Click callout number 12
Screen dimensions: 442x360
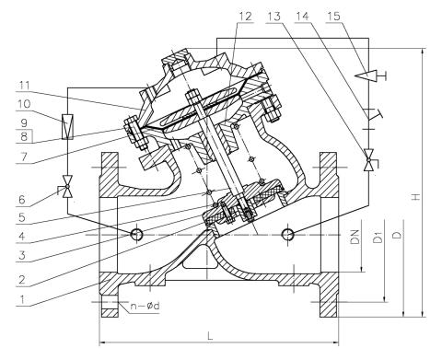(245, 16)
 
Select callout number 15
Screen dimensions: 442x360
(334, 16)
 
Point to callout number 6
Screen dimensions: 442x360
(22, 200)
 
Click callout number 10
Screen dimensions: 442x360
(24, 104)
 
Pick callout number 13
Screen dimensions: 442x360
(274, 16)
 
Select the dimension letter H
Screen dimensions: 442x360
(416, 196)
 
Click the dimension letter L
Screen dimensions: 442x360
(210, 336)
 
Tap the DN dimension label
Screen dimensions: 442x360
(355, 237)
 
